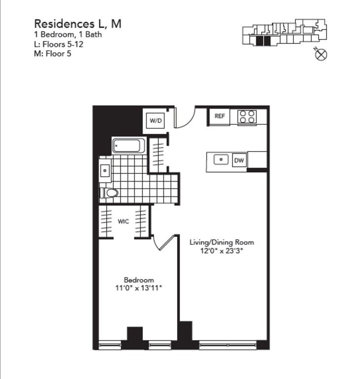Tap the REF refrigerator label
219,116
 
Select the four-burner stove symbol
248,116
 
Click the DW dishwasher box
239,160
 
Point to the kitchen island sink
220,160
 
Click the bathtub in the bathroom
129,146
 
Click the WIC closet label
123,222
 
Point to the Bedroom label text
139,280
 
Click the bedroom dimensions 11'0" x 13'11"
138,288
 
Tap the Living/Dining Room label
222,242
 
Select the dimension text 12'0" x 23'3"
222,251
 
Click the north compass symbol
321,55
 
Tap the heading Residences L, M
77,24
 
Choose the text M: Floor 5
52,53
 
